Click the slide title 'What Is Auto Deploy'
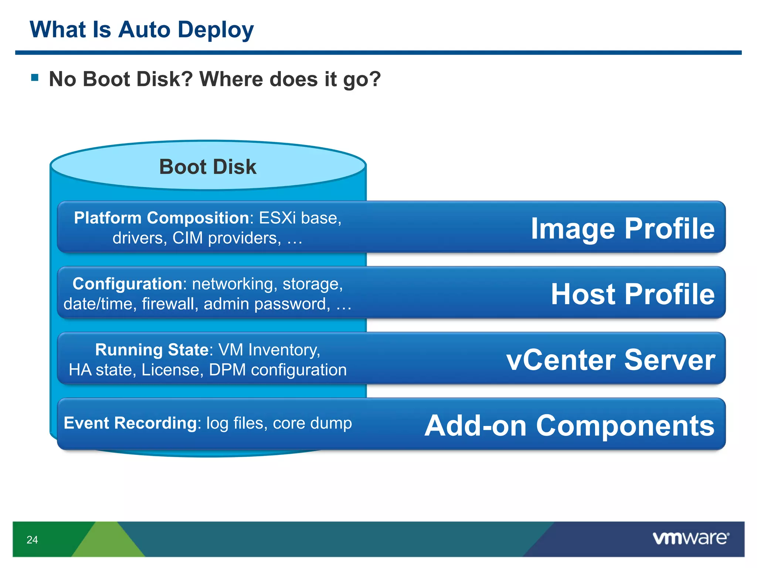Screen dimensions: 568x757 (142, 30)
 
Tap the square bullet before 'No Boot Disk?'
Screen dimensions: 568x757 (35, 77)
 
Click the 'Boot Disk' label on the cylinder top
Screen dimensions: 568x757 (208, 167)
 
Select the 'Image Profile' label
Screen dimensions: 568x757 (622, 229)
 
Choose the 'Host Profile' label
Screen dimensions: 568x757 (632, 294)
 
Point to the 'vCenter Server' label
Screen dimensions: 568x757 (611, 360)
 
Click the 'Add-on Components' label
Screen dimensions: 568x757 (569, 426)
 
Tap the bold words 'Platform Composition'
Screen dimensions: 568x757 (162, 218)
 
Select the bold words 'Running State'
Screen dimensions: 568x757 (152, 350)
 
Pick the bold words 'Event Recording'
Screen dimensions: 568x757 (130, 423)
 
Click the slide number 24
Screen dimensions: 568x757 (32, 540)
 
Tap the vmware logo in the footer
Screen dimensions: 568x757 (691, 538)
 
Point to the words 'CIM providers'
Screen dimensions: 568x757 (224, 238)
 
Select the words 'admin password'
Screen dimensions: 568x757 (267, 304)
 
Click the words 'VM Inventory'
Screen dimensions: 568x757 (269, 350)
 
